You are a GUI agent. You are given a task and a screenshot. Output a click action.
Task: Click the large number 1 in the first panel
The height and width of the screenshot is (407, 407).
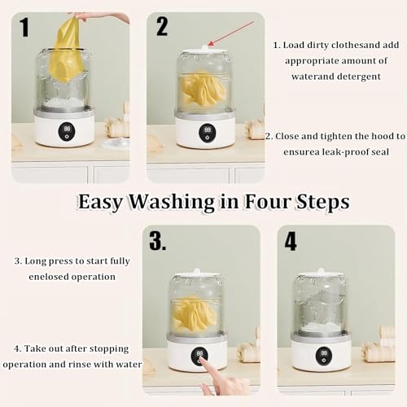coord(24,27)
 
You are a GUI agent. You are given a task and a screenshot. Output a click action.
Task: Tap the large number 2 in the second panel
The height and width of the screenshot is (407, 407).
coord(162,26)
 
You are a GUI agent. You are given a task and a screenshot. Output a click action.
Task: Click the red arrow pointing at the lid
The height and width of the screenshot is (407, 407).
coord(232,33)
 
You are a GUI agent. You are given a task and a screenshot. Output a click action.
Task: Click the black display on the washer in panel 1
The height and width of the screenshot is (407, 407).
coord(68,131)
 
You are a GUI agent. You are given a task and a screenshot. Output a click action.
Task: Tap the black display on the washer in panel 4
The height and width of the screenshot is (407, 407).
coord(324,356)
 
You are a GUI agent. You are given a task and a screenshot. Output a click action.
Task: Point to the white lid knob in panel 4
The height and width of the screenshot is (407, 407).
coord(322,271)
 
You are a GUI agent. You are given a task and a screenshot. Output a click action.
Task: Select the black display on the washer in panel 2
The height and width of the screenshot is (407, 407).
coord(208,132)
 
